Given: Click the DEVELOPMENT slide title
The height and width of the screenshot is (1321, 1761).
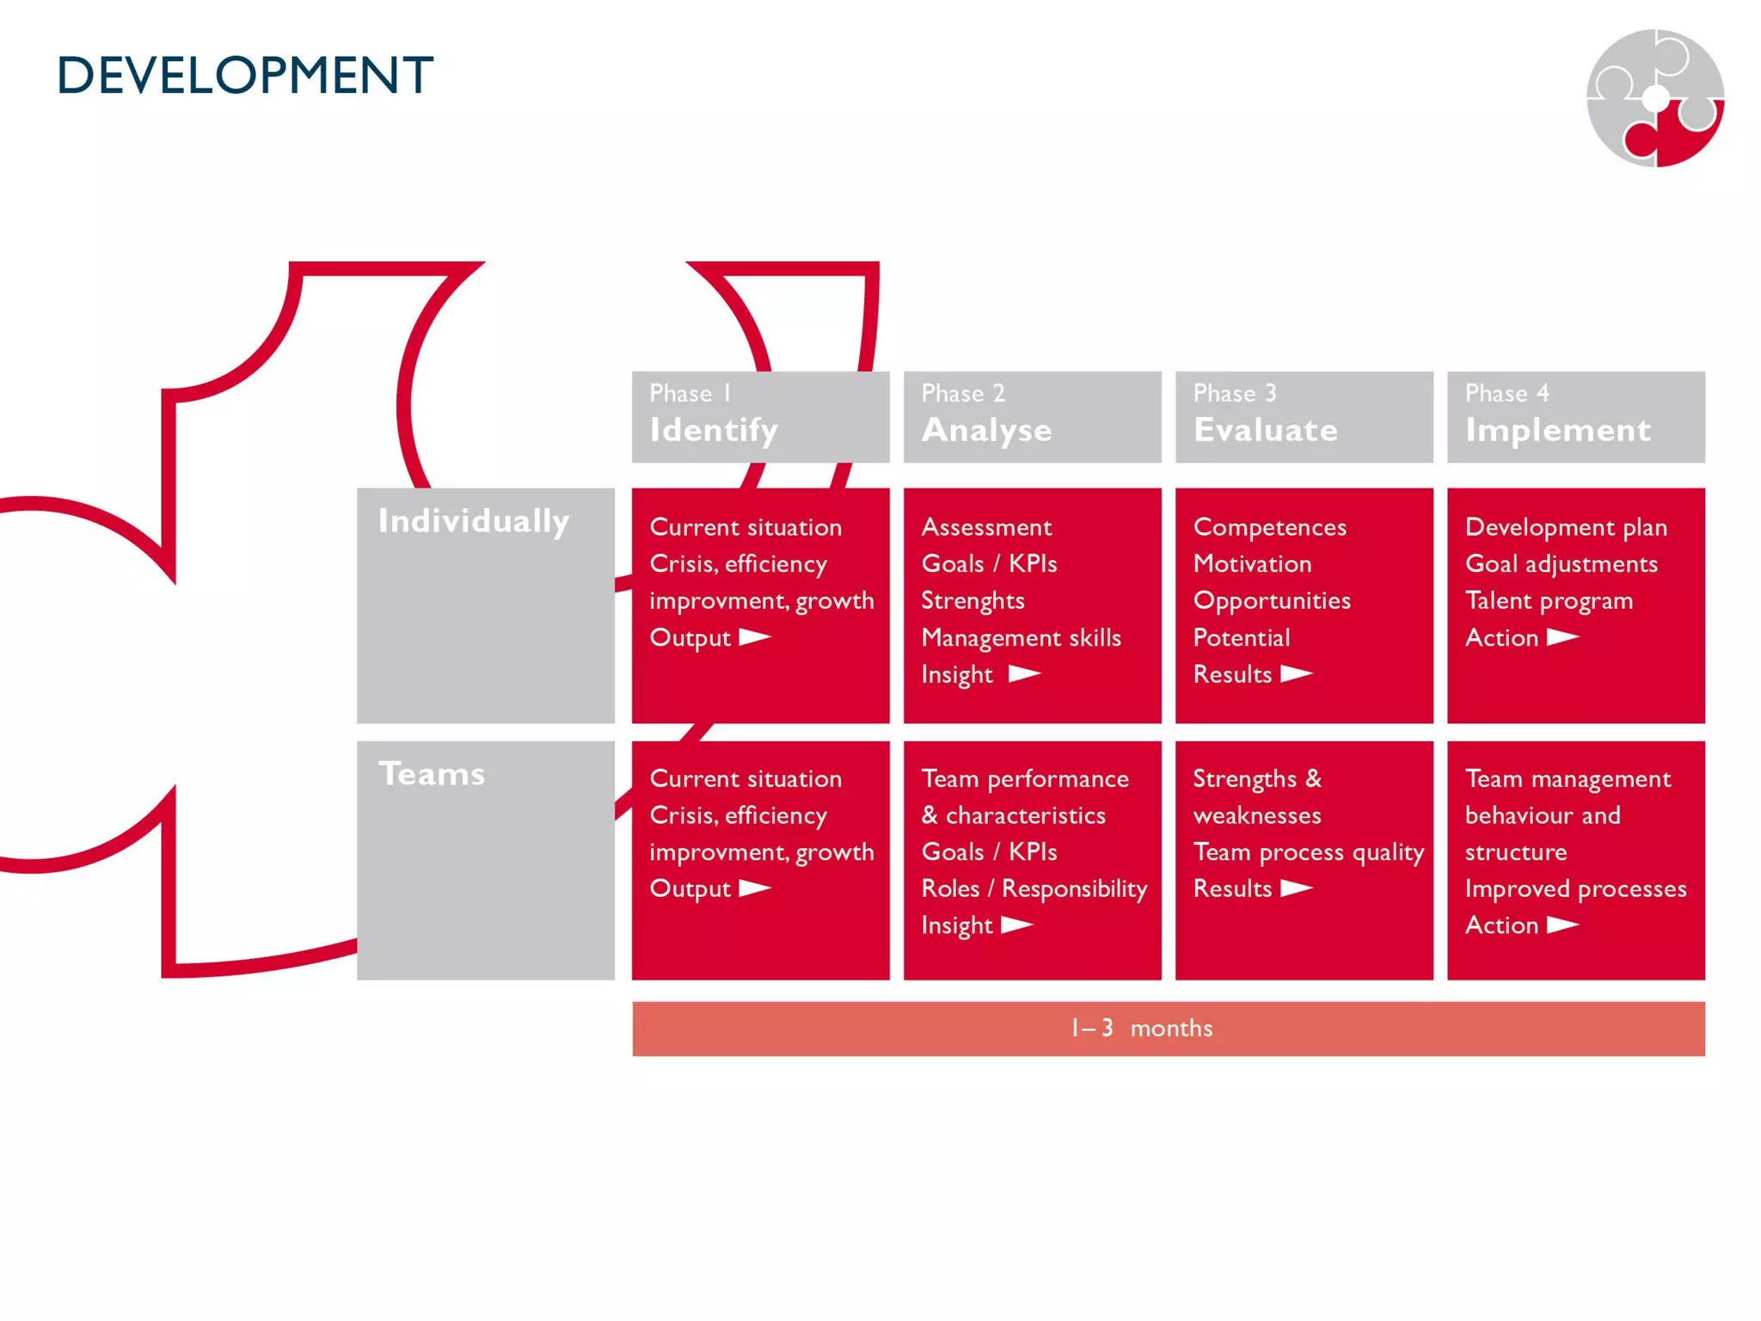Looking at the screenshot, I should pyautogui.click(x=245, y=75).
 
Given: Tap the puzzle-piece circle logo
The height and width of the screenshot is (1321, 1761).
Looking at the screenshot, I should pyautogui.click(x=1654, y=98).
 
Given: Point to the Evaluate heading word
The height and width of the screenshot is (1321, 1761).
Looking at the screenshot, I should pyautogui.click(x=1265, y=429).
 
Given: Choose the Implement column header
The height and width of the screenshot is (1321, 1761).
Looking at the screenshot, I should pyautogui.click(x=1557, y=429).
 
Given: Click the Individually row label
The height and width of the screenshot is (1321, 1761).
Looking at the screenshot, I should pyautogui.click(x=474, y=521).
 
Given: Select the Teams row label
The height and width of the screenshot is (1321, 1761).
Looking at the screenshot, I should pyautogui.click(x=432, y=774).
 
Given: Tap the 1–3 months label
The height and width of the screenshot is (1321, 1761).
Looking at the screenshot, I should pyautogui.click(x=1141, y=1028).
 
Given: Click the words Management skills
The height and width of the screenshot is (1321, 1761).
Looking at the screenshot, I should pyautogui.click(x=1021, y=637).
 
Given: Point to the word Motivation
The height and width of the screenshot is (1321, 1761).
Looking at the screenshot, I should pyautogui.click(x=1252, y=563).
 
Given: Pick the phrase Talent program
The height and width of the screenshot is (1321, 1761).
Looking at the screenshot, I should pyautogui.click(x=1549, y=600).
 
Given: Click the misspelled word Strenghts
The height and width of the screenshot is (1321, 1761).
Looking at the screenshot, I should pyautogui.click(x=973, y=600).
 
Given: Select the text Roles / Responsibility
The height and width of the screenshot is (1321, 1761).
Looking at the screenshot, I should pyautogui.click(x=1034, y=888).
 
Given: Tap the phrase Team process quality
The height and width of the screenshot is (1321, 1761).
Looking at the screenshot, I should pyautogui.click(x=1308, y=851).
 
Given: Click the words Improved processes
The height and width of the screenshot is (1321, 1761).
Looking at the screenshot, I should pyautogui.click(x=1575, y=888).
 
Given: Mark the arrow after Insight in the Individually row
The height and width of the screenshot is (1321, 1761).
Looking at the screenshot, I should pyautogui.click(x=1024, y=673).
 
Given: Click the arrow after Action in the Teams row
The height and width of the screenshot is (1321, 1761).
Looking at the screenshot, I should pyautogui.click(x=1562, y=925).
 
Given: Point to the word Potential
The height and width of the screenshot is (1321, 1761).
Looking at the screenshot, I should pyautogui.click(x=1241, y=637).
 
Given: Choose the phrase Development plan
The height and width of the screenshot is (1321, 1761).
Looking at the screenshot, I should pyautogui.click(x=1566, y=526).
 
